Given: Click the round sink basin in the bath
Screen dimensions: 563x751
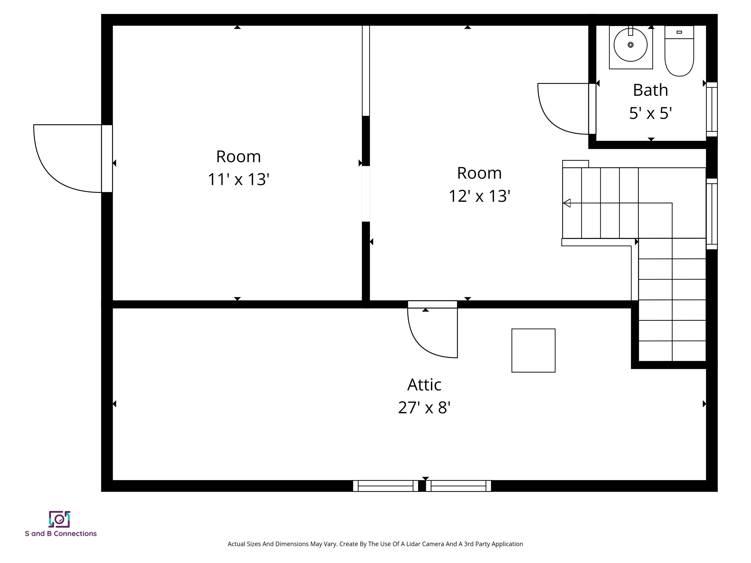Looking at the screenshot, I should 630,45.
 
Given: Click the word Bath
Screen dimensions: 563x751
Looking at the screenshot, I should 651,90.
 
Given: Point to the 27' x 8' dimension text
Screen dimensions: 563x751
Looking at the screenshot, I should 424,408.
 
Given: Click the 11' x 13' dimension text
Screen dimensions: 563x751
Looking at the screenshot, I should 238,179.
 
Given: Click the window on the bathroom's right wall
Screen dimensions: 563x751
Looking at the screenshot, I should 712,109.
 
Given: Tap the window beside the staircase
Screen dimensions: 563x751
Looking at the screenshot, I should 712,214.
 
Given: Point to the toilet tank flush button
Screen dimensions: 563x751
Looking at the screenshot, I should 679,32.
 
